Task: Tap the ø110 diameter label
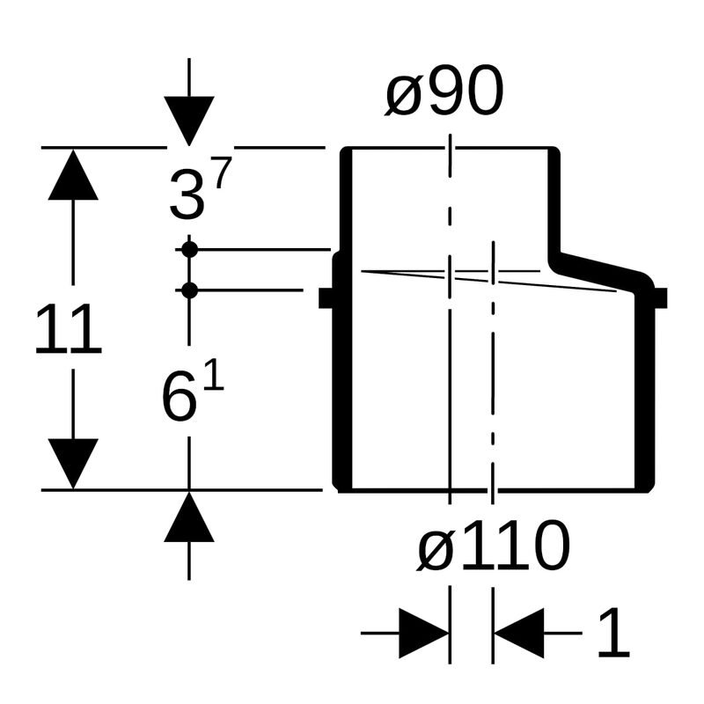[x=493, y=546]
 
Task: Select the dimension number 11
[x=69, y=328]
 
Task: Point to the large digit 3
[x=187, y=195]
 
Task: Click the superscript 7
[x=223, y=173]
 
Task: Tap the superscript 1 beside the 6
[x=214, y=375]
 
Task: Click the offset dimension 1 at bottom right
[x=613, y=633]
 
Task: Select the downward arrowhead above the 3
[x=189, y=121]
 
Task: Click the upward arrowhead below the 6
[x=189, y=517]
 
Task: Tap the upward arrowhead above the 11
[x=73, y=174]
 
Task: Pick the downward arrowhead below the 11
[x=73, y=464]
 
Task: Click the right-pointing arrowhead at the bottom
[x=424, y=633]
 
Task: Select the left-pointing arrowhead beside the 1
[x=519, y=633]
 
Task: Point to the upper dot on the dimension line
[x=189, y=249]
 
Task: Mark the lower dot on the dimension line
[x=189, y=290]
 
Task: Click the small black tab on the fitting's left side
[x=326, y=298]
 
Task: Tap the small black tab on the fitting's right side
[x=661, y=298]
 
